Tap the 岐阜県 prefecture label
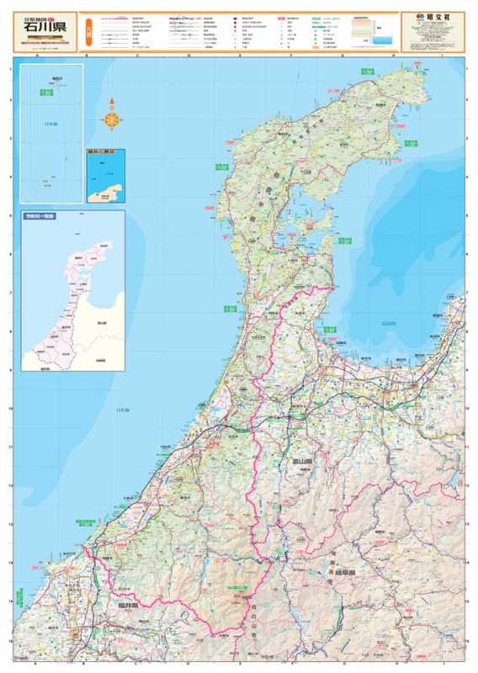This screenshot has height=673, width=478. coord(344,571)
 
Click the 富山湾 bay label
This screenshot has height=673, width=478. coord(390,321)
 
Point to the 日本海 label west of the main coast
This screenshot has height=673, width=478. coord(123,410)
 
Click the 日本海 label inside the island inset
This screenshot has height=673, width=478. coord(52,124)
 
